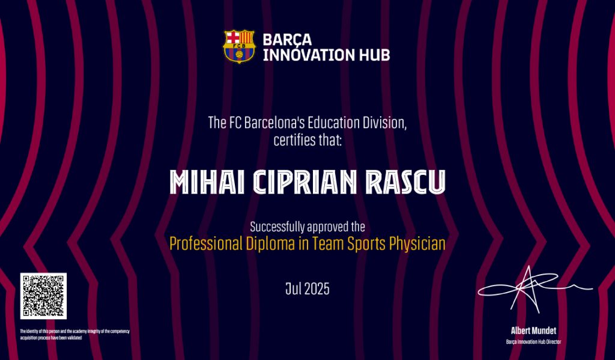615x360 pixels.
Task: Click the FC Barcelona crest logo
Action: (239, 46)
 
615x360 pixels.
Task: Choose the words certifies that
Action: (307, 141)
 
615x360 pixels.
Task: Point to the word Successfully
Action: (277, 227)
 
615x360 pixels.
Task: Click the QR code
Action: (43, 296)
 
